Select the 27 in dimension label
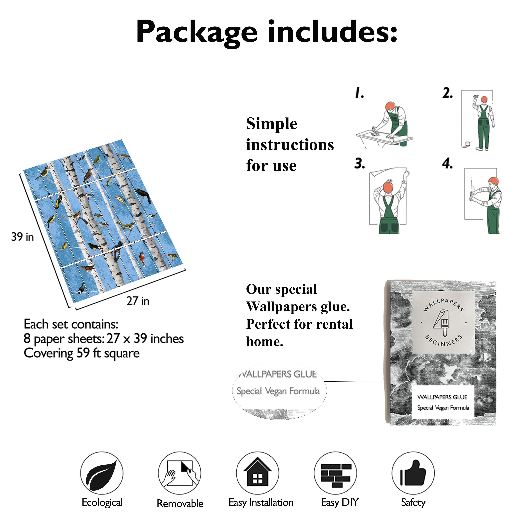[x=138, y=301]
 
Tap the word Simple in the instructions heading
[x=272, y=124]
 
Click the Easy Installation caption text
[x=261, y=503]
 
